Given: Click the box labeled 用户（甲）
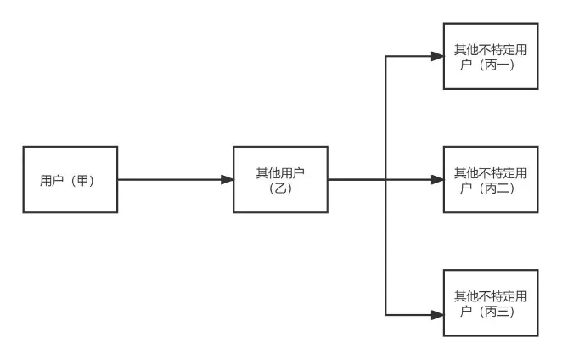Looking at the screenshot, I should click(x=70, y=179).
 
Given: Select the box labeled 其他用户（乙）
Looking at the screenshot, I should click(x=280, y=179).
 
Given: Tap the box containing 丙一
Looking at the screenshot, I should click(x=491, y=56).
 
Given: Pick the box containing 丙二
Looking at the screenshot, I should click(x=491, y=179).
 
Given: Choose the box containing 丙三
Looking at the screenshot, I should click(x=491, y=304).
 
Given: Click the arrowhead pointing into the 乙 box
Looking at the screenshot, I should click(x=227, y=179).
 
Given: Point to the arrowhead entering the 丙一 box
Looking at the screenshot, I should click(x=436, y=57).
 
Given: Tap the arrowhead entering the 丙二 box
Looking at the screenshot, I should click(x=436, y=179).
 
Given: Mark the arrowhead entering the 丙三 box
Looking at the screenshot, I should click(x=436, y=314).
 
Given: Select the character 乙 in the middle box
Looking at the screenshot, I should click(x=280, y=188).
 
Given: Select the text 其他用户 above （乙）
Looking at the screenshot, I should click(x=280, y=173).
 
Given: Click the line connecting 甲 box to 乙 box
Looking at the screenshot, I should click(x=170, y=179).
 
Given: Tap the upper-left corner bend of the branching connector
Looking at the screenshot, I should click(x=386, y=57).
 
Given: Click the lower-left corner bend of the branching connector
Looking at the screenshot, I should click(x=386, y=314).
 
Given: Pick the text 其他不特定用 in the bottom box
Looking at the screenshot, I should click(x=491, y=296).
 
